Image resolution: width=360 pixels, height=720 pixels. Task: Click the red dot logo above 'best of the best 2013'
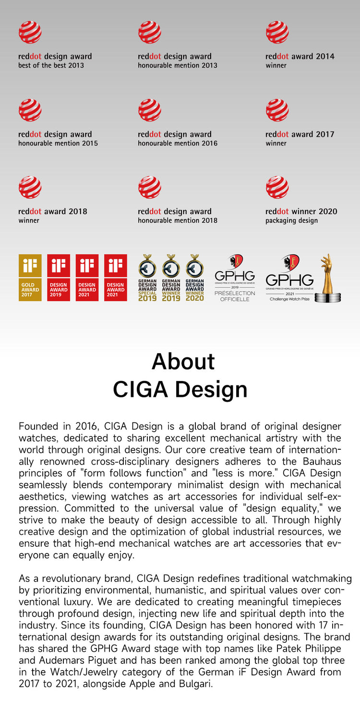tap(30, 32)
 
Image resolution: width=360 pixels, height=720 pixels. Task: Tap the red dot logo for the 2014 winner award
tap(277, 32)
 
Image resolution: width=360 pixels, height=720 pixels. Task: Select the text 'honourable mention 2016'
tap(178, 143)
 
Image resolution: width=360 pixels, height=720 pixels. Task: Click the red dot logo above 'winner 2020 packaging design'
tap(277, 187)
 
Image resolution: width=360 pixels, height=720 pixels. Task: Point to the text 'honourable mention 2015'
tap(58, 143)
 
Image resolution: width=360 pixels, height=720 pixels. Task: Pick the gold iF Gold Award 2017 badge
tap(30, 277)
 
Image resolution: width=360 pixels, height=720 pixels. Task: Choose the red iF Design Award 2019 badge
tap(59, 277)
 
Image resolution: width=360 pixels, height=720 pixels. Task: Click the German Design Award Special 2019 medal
tap(147, 277)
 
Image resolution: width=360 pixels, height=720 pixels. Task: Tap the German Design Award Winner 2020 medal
tap(194, 277)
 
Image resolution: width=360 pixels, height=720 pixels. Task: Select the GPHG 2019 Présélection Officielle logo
tap(235, 278)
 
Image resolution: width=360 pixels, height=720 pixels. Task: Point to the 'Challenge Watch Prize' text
tap(289, 299)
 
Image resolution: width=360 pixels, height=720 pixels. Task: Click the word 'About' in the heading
tap(183, 361)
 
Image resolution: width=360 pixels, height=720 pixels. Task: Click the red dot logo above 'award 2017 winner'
tap(277, 110)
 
